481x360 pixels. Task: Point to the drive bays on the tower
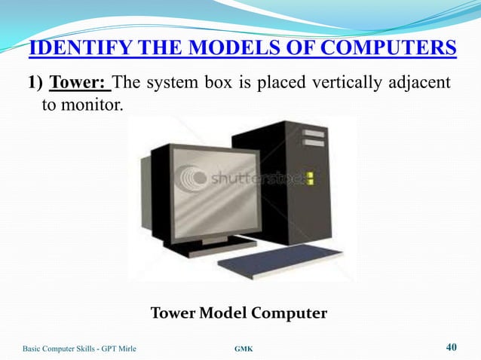point(314,137)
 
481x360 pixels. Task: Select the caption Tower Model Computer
point(239,313)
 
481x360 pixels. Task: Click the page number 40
point(452,347)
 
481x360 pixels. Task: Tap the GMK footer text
point(244,349)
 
